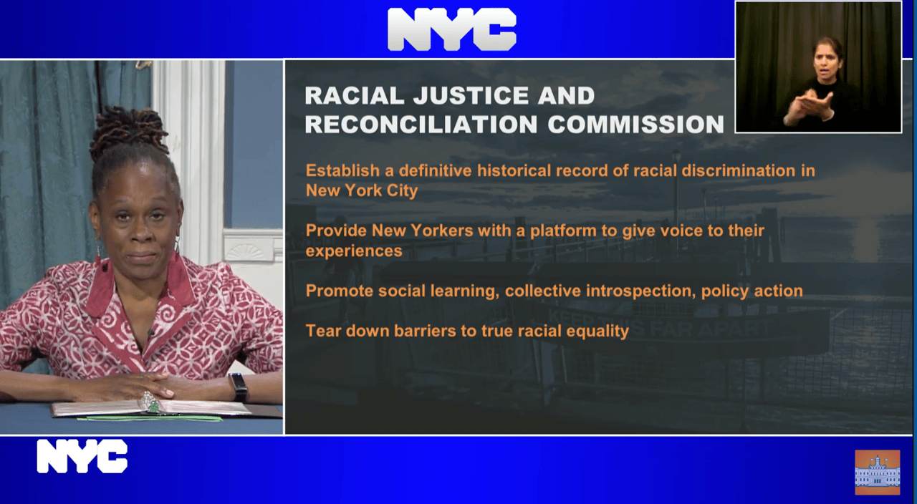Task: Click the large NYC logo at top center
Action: (452, 29)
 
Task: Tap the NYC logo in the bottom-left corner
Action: (82, 456)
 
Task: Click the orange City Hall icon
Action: (878, 472)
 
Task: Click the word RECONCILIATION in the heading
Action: (421, 125)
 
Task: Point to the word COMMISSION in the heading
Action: (635, 125)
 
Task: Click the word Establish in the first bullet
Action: (342, 170)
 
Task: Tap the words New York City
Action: (362, 190)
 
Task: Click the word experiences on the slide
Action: (354, 251)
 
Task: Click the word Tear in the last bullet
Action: (323, 331)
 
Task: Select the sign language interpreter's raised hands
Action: (809, 108)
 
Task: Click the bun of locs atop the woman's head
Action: (128, 130)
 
